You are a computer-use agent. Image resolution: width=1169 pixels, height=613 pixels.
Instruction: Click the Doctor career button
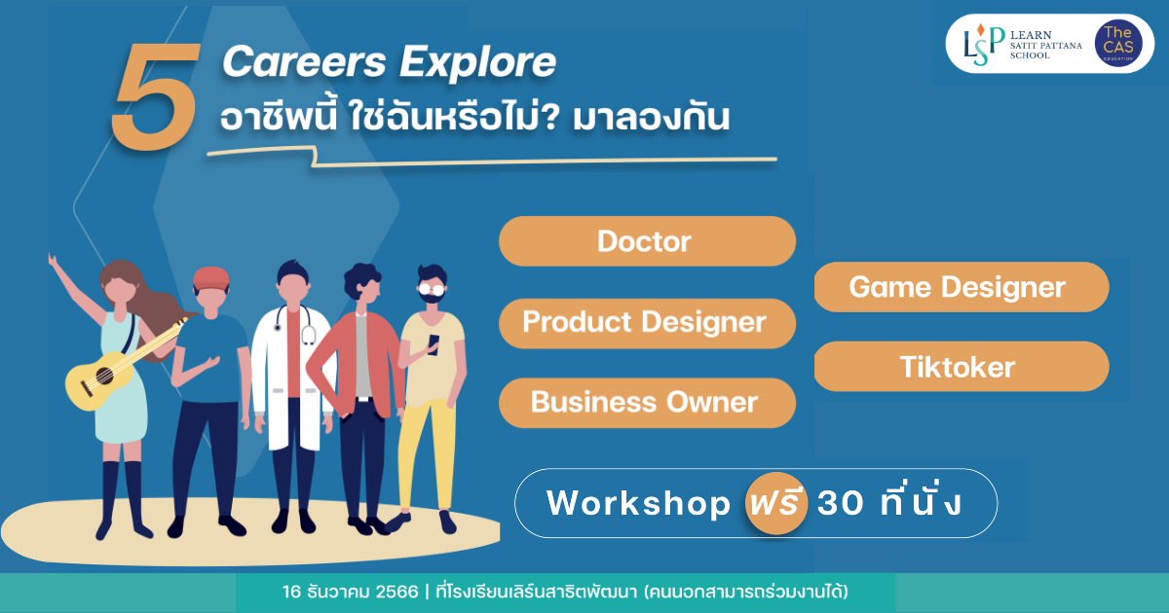pos(647,241)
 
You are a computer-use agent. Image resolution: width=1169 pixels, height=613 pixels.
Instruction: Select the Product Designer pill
pos(647,323)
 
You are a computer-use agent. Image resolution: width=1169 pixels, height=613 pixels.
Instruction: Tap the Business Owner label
pos(647,403)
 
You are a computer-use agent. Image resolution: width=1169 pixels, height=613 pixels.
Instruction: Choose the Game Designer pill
pos(962,287)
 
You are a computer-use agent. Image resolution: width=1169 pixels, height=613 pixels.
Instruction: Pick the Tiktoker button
pos(962,367)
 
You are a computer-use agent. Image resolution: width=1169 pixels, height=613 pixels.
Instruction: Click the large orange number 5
pos(156,97)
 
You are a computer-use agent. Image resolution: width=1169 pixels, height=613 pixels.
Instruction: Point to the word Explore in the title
pos(477,63)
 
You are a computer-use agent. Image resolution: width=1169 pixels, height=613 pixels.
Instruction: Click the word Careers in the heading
pos(305,62)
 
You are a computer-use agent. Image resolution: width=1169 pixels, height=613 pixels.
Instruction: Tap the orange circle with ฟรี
pos(776,503)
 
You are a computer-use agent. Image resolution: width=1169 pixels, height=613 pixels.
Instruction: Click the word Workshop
pos(638,503)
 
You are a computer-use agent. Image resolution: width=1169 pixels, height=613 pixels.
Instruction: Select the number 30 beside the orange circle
pos(840,504)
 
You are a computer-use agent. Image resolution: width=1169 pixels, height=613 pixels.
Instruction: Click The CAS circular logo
pos(1118,44)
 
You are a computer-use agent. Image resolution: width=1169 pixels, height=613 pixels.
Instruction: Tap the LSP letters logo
pos(984,45)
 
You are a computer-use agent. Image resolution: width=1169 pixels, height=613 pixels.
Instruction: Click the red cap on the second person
pos(210,278)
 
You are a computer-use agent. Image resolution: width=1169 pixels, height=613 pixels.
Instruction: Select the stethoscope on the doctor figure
pos(295,324)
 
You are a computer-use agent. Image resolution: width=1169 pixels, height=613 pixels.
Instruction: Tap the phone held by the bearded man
pos(434,345)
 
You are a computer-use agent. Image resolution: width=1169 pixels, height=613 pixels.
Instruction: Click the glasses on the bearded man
pos(432,289)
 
